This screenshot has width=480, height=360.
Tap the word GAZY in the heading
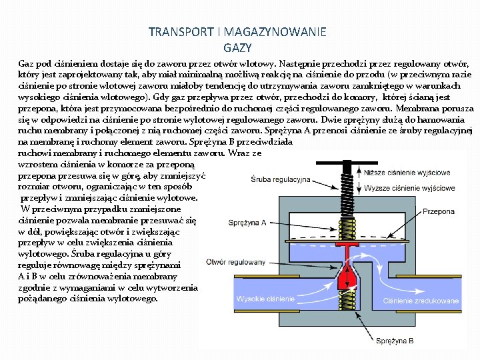[x=238, y=47]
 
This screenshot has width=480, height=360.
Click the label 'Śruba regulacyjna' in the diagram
[x=281, y=179]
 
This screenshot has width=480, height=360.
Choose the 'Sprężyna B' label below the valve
[x=395, y=341]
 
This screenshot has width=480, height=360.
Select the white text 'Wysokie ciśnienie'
[x=265, y=299]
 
